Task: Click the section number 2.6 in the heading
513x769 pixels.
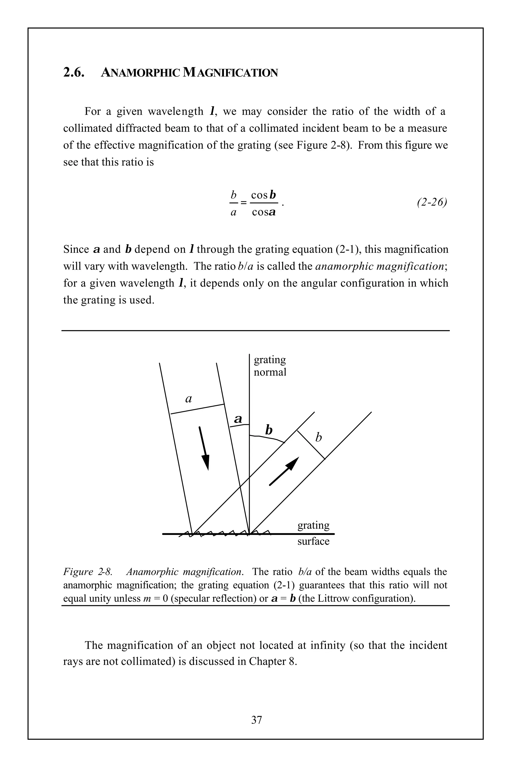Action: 74,72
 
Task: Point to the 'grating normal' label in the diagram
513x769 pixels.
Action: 270,366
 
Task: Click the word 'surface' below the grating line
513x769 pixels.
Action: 313,541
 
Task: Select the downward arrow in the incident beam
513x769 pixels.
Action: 204,448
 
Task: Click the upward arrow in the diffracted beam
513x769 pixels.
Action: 284,471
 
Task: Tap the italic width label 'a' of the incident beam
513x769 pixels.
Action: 188,399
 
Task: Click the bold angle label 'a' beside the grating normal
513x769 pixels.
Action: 238,419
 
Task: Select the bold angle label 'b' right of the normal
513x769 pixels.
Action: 269,430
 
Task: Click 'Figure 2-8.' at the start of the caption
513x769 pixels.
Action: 88,571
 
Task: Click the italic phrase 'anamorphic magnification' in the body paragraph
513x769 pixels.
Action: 379,266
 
